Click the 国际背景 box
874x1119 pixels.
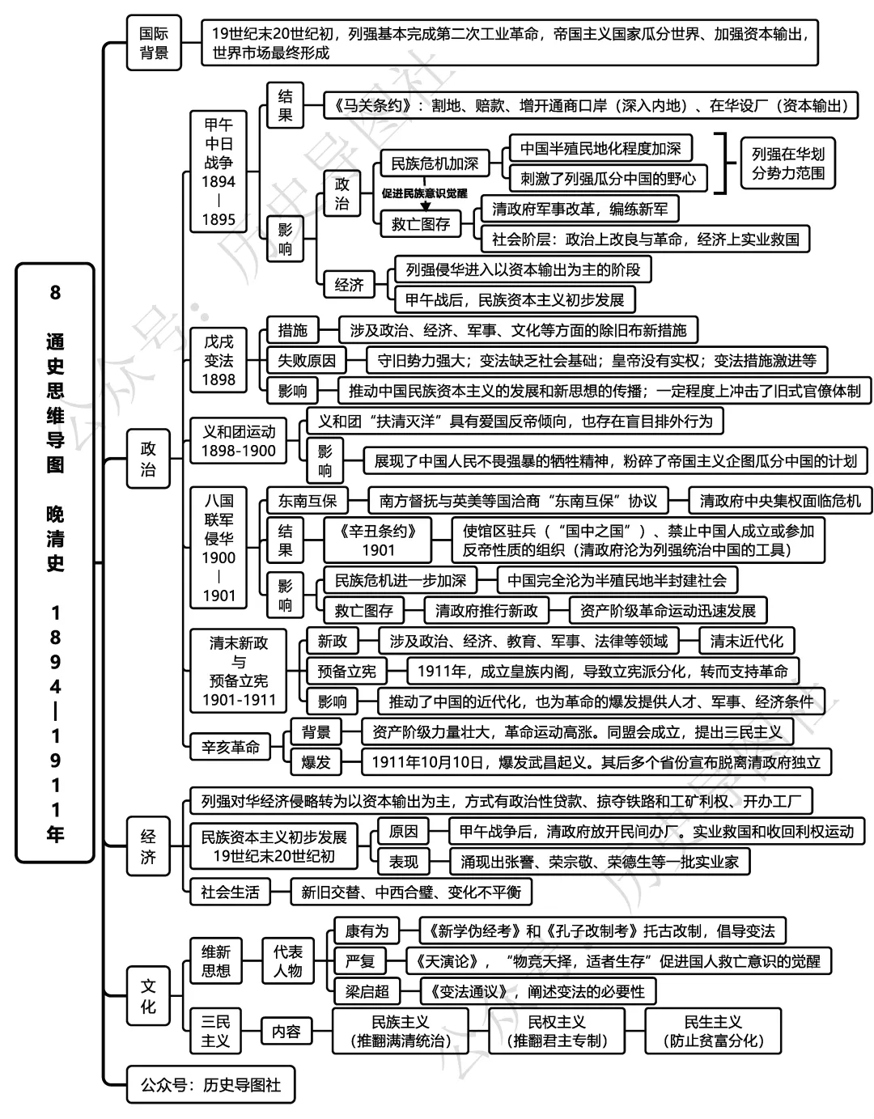(154, 43)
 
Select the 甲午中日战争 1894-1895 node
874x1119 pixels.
(218, 172)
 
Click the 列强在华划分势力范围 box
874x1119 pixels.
(788, 163)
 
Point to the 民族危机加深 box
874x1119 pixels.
(435, 163)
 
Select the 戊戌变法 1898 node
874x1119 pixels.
(218, 361)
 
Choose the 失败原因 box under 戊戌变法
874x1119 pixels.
(307, 361)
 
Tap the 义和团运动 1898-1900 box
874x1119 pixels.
(239, 441)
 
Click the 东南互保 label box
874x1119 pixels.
(307, 501)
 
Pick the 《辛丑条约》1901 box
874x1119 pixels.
(378, 540)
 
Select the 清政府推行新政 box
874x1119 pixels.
(486, 610)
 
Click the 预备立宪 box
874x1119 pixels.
(346, 671)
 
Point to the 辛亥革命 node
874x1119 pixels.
(231, 747)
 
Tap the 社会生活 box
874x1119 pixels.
(231, 892)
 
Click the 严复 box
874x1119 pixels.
(360, 961)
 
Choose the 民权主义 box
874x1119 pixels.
(557, 1031)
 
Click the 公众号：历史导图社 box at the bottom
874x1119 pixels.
(210, 1084)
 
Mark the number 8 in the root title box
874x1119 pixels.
(55, 292)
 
